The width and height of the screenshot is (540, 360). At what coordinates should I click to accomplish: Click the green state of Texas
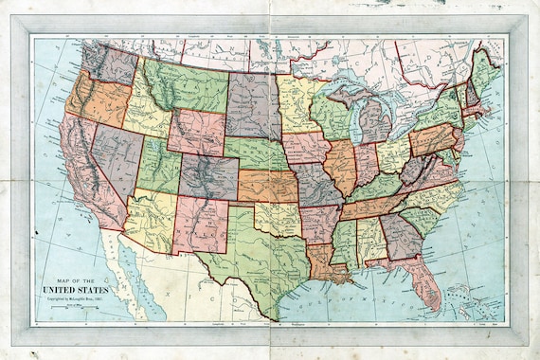point(256,256)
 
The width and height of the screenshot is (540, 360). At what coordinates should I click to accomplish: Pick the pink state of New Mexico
point(199,227)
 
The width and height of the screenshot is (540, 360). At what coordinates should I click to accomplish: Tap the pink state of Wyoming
point(195,132)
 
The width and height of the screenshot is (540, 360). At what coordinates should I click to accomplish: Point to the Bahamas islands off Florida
point(464,298)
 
